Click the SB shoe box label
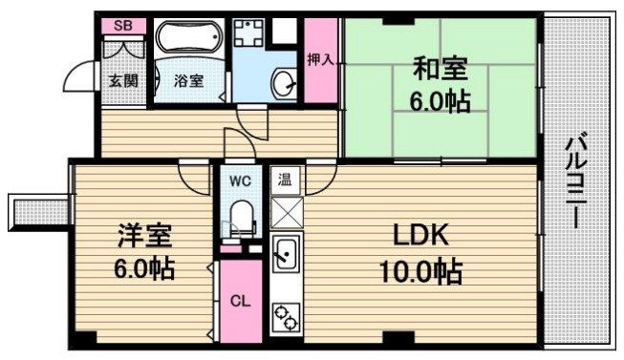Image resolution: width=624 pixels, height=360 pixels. (x=123, y=26)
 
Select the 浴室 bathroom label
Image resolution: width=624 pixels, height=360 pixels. (x=187, y=81)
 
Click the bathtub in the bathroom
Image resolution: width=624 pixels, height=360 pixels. (x=188, y=41)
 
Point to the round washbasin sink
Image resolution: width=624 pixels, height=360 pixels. (x=284, y=82)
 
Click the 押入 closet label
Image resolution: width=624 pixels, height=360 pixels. (x=320, y=59)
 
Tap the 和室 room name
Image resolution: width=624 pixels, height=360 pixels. (x=441, y=70)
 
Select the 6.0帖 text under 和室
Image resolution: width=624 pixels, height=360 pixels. (x=441, y=101)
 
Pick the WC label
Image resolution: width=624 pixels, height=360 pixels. (x=238, y=179)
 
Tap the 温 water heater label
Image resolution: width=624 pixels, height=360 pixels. (x=285, y=179)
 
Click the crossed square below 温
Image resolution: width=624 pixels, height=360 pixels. (x=286, y=210)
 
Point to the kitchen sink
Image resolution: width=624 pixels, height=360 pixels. (x=285, y=255)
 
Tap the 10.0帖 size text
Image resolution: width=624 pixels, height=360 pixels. (x=417, y=274)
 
